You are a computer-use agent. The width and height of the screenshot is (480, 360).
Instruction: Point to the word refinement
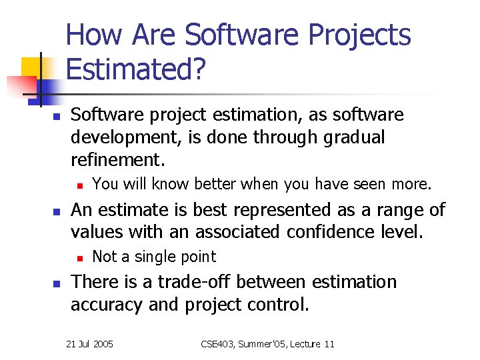coord(118,160)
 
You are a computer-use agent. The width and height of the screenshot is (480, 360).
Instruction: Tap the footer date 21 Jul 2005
coord(90,344)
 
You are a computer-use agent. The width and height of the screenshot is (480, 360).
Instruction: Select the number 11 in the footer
coord(329,344)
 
